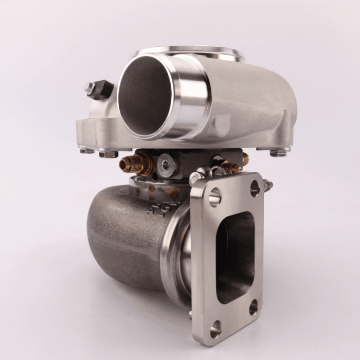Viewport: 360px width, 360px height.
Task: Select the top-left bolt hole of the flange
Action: point(215,196)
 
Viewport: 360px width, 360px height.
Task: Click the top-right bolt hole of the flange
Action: point(255,188)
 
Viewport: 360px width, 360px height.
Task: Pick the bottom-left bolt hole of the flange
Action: point(215,328)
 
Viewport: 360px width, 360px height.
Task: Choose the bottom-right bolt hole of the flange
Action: point(253,307)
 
